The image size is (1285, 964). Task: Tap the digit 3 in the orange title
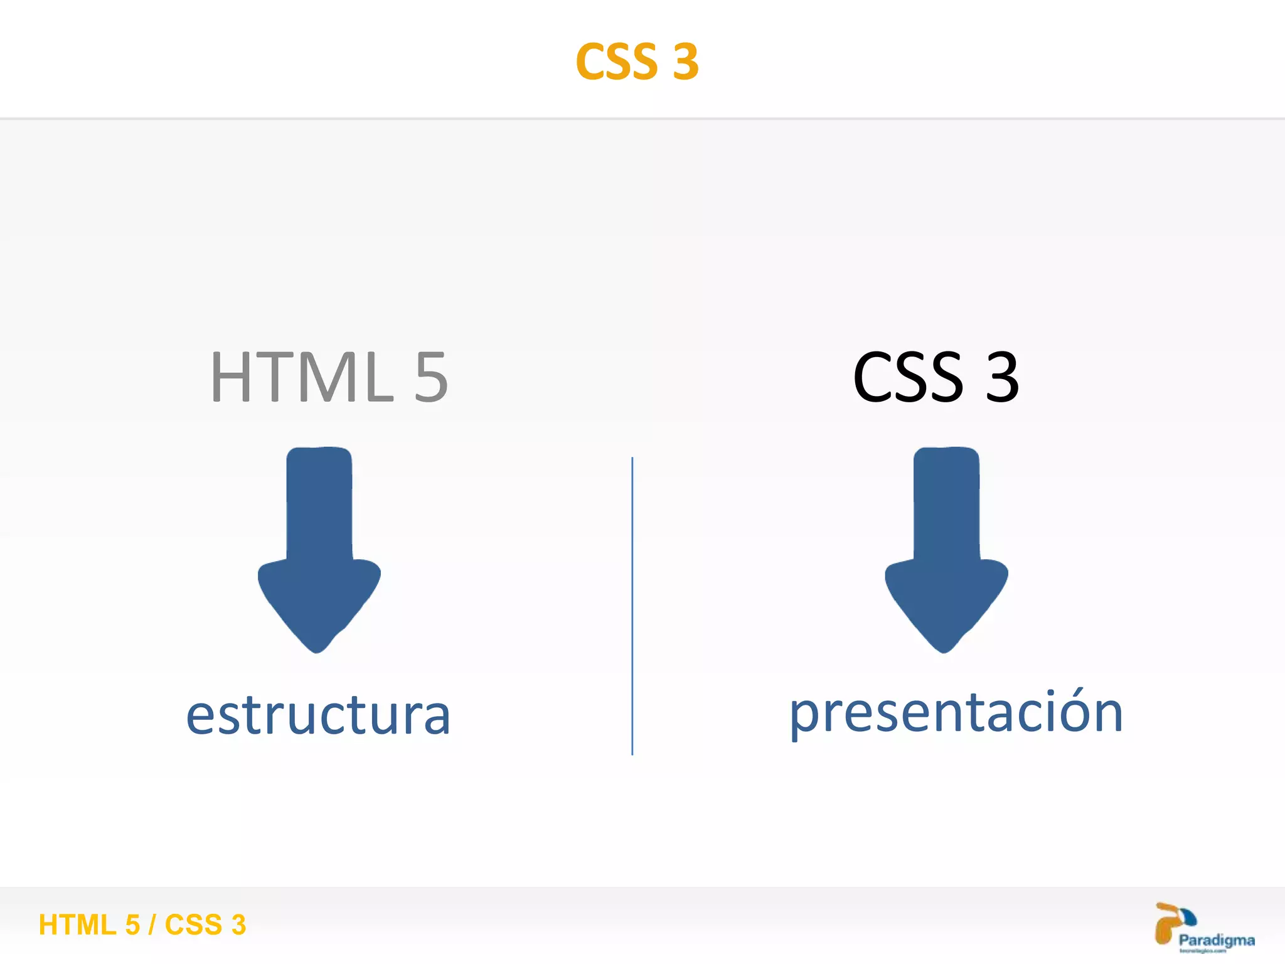pos(686,62)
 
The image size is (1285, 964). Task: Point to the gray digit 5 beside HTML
pos(431,377)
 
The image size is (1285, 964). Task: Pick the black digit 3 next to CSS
pos(1002,377)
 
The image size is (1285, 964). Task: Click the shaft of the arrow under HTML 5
pos(319,502)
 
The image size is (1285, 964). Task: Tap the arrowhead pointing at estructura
pos(319,602)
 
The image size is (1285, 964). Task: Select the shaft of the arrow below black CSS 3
pos(946,502)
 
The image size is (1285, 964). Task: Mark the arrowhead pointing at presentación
pos(946,602)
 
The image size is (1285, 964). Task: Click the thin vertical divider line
pos(632,606)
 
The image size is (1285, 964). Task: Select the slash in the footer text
pos(152,925)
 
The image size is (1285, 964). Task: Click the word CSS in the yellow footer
pos(193,925)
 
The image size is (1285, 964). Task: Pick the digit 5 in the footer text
pos(132,925)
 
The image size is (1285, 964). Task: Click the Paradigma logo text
pos(1217,940)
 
